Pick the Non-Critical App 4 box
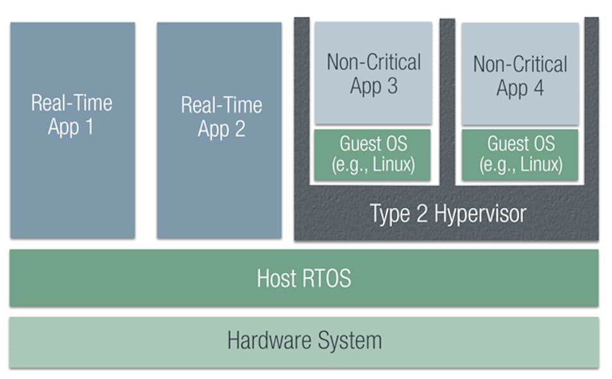[520, 74]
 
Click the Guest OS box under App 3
[373, 154]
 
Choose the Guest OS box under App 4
[520, 155]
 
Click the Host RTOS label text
[303, 278]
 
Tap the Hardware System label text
[304, 340]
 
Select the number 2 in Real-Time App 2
[238, 129]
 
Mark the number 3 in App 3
[391, 86]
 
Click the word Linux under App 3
[393, 165]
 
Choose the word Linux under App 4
[540, 166]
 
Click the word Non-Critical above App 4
[520, 64]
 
